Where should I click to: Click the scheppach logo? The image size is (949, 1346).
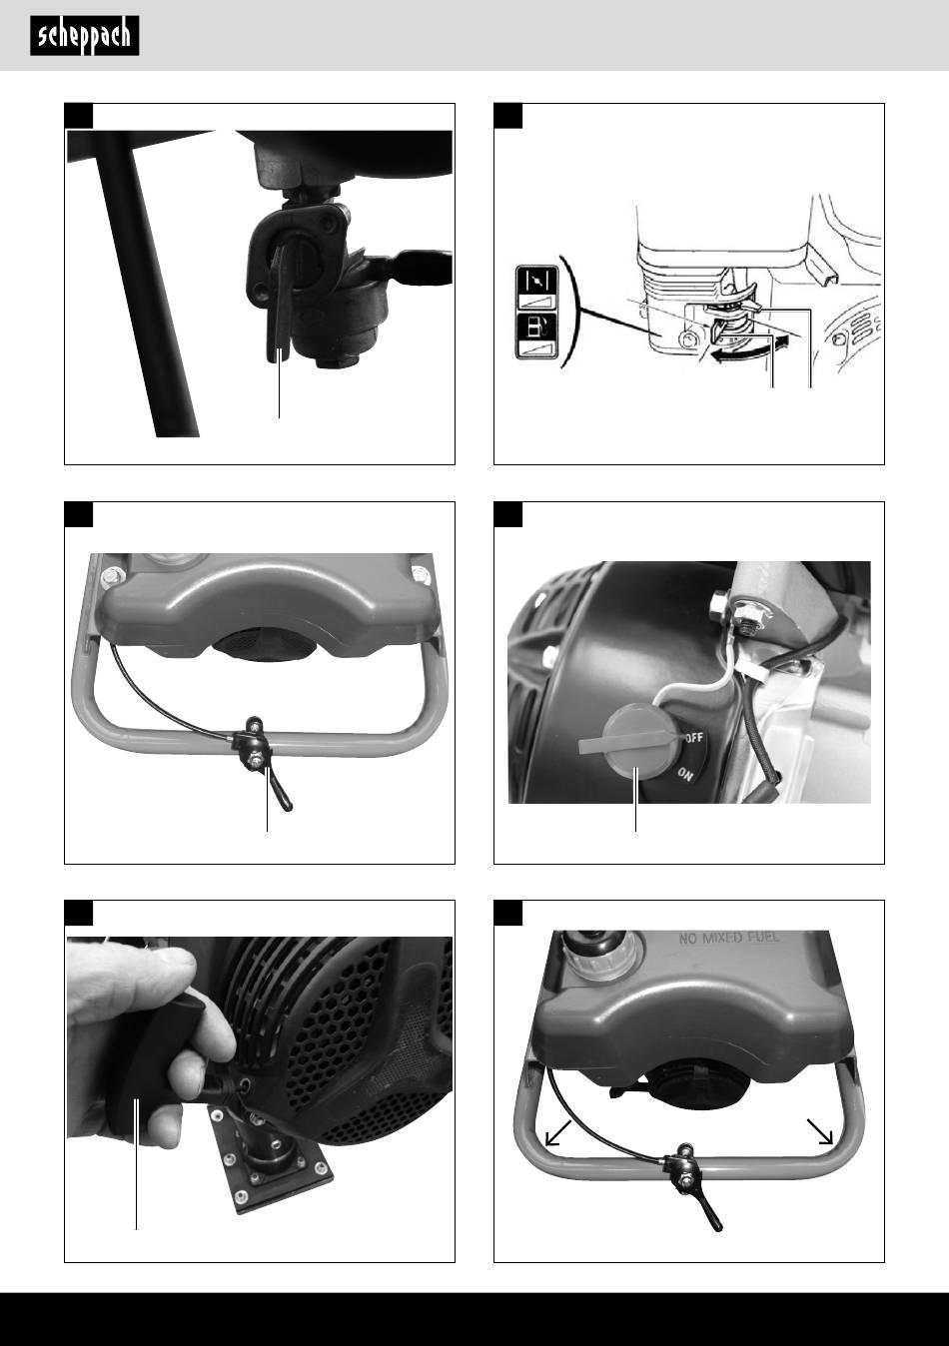(85, 36)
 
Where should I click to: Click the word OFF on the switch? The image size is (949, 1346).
(693, 738)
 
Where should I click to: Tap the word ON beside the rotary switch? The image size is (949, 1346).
(685, 775)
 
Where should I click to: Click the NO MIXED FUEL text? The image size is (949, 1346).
(729, 938)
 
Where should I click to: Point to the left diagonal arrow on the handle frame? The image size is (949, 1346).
(557, 1132)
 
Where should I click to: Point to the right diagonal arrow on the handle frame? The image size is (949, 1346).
(820, 1131)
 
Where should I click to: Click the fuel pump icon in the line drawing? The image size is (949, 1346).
(536, 328)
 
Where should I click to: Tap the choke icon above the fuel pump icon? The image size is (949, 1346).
(536, 281)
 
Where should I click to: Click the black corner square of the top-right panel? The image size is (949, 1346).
(507, 116)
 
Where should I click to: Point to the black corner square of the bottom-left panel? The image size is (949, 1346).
(79, 913)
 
